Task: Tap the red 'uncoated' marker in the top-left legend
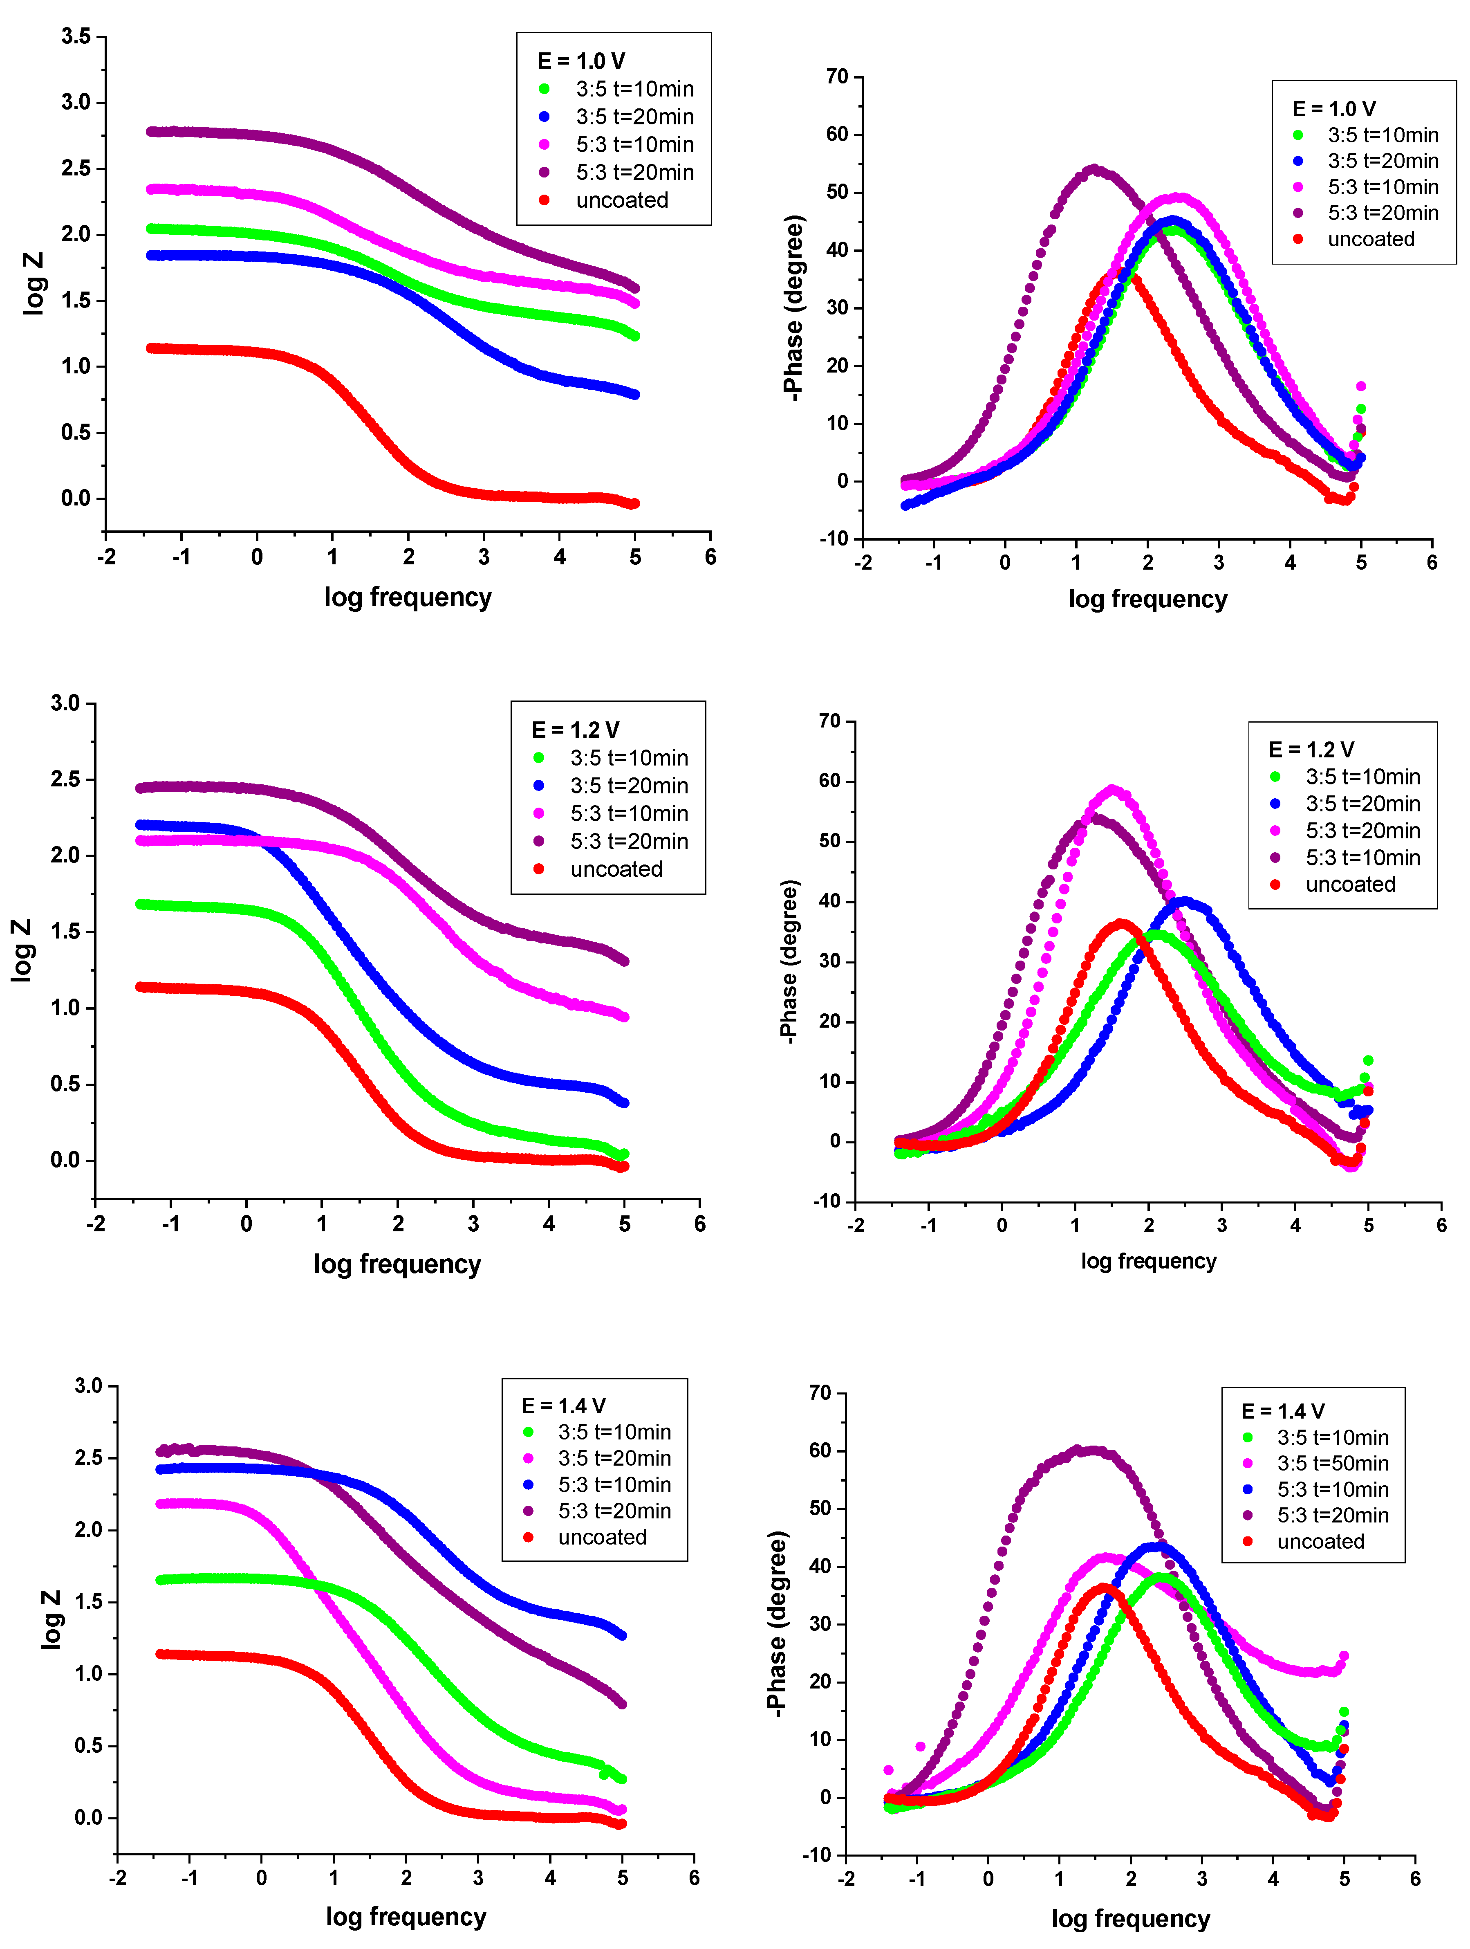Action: [545, 200]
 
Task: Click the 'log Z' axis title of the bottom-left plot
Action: [51, 1619]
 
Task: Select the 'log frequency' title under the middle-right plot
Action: [1149, 1261]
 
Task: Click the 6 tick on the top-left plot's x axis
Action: [710, 557]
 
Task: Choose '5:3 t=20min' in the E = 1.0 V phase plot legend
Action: [1383, 213]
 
